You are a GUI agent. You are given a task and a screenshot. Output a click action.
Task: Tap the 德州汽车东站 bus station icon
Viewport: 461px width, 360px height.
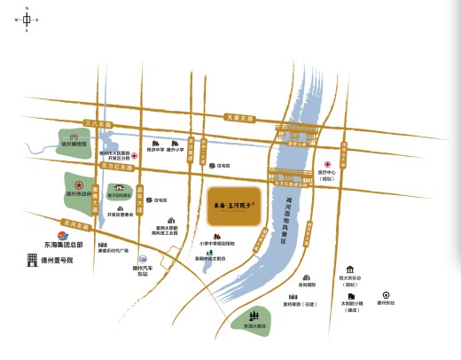(140, 258)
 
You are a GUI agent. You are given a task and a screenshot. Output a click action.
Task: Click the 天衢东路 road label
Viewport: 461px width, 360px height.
(239, 117)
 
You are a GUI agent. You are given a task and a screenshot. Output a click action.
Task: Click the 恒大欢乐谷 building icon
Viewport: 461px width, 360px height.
(351, 269)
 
